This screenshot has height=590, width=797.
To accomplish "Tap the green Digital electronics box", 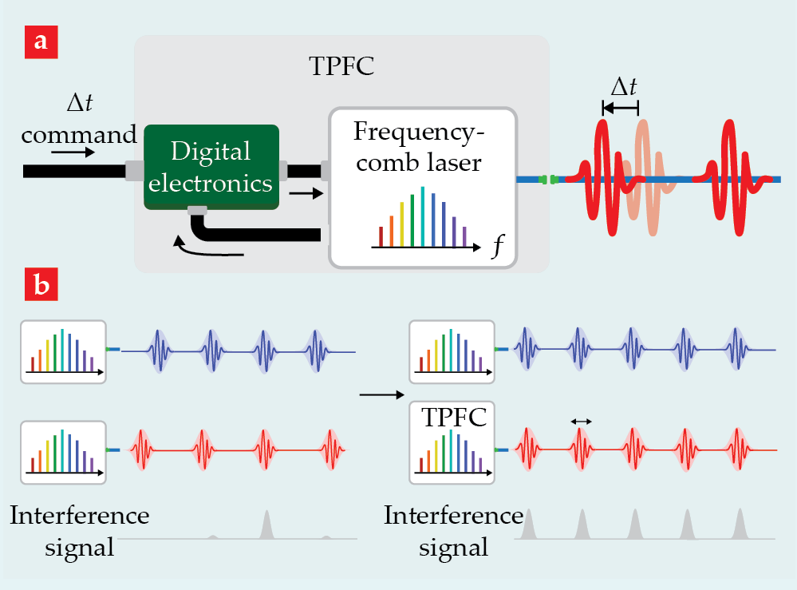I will (211, 167).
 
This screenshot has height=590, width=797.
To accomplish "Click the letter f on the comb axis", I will (497, 245).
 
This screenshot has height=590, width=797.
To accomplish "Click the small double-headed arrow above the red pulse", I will (581, 421).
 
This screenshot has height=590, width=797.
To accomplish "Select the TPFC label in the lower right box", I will (452, 418).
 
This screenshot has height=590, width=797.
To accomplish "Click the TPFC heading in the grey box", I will (341, 66).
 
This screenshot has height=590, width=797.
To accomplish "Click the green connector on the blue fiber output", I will (547, 180).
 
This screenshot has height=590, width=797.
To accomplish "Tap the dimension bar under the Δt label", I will (621, 107).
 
